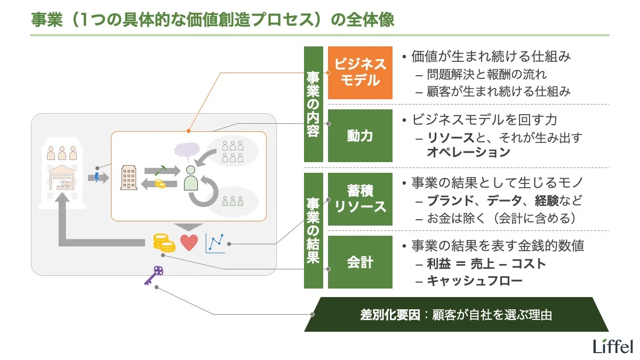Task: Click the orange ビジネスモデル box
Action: tap(360, 73)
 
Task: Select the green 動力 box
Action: tap(360, 135)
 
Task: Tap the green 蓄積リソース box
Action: tap(360, 199)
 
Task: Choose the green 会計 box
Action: tap(360, 262)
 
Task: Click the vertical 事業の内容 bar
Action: tap(314, 104)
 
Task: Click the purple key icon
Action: tap(154, 274)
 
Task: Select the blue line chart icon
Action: tap(215, 243)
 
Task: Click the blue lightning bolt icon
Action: tap(97, 177)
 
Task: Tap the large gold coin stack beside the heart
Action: tap(164, 243)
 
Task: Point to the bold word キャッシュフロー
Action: tap(475, 281)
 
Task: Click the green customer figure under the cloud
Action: tap(191, 178)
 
